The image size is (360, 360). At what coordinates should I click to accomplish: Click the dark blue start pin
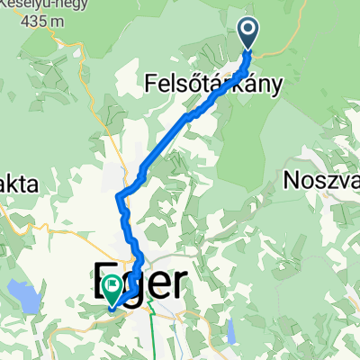248,32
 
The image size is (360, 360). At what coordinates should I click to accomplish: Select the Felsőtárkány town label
213,85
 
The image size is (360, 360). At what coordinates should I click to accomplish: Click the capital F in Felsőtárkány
151,85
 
